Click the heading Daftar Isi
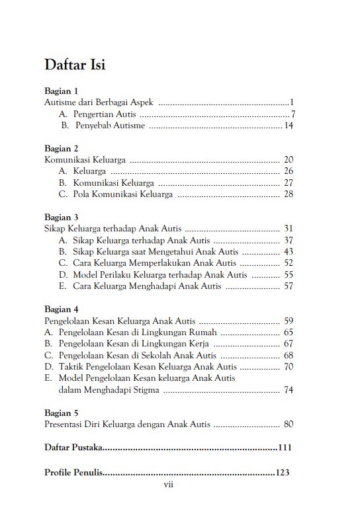click(x=75, y=65)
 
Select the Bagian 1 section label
click(x=61, y=91)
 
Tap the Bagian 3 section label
click(x=61, y=217)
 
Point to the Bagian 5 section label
click(x=61, y=413)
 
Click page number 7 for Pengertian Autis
click(x=292, y=114)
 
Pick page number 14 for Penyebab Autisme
click(x=289, y=125)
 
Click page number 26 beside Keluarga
click(x=289, y=171)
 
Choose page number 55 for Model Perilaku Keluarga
click(x=289, y=274)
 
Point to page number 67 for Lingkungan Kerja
click(x=289, y=344)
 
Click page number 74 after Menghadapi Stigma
click(x=289, y=390)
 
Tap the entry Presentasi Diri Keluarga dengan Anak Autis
click(x=127, y=424)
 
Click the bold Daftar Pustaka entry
click(x=73, y=448)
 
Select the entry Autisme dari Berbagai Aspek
click(x=99, y=102)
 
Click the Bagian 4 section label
click(x=61, y=309)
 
